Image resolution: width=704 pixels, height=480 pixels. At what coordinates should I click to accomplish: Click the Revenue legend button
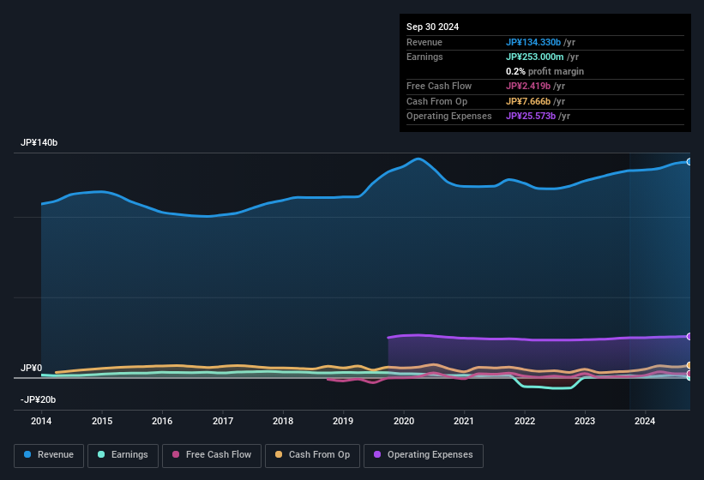[49, 454]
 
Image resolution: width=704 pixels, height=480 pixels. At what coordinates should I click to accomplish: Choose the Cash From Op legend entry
[310, 454]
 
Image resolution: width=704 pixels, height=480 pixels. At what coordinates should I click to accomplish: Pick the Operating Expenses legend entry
[424, 454]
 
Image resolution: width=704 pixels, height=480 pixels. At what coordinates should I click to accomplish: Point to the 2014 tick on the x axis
[41, 421]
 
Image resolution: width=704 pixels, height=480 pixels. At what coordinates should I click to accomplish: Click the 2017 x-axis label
[223, 421]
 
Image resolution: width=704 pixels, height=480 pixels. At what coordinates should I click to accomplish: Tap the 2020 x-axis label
[404, 421]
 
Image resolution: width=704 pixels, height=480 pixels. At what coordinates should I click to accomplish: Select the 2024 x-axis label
[645, 421]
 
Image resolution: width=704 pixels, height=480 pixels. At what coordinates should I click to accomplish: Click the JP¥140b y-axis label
[39, 142]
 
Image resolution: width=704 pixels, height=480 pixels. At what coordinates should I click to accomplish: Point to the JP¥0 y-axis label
[31, 368]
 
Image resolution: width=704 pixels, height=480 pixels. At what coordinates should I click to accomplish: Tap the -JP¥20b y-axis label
[39, 399]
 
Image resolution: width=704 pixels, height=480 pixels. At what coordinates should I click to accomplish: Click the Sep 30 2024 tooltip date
[432, 27]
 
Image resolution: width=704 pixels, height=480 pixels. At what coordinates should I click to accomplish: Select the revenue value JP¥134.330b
[533, 42]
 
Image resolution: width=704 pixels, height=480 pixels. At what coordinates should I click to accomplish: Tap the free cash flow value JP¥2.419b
[528, 86]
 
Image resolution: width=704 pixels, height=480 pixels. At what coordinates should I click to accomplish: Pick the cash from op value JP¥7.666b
[528, 101]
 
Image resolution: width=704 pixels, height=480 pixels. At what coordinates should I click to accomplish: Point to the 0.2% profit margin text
[545, 71]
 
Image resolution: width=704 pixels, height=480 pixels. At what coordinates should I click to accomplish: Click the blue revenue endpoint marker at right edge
[689, 161]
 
